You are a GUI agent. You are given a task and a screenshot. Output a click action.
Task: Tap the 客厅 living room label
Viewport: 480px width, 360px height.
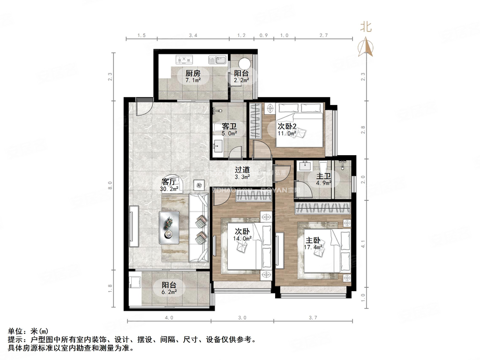[x=168, y=181]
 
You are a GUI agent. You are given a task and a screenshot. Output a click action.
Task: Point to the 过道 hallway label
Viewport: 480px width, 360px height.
[x=242, y=170]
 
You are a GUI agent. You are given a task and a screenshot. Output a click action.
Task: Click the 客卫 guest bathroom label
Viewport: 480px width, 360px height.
[x=229, y=126]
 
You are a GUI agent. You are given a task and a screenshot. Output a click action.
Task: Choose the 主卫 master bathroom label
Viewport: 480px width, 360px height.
[x=323, y=176]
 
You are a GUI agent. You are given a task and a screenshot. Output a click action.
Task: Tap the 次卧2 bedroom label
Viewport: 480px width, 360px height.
[x=286, y=126]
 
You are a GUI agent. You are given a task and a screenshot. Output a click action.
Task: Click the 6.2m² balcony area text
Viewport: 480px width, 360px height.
[x=170, y=292]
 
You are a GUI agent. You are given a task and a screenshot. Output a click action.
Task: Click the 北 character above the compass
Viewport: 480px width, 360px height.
[x=366, y=27]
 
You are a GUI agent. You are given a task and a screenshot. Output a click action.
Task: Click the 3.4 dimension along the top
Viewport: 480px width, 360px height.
[x=193, y=35]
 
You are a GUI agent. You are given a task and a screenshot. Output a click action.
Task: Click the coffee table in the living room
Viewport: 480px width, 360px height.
[x=169, y=227]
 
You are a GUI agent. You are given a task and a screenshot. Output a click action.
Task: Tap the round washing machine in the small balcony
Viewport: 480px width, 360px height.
[x=245, y=65]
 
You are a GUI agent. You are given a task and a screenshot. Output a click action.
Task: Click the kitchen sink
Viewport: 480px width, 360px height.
[x=217, y=60]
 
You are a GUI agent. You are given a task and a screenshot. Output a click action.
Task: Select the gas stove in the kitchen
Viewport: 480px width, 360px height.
[x=183, y=60]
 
